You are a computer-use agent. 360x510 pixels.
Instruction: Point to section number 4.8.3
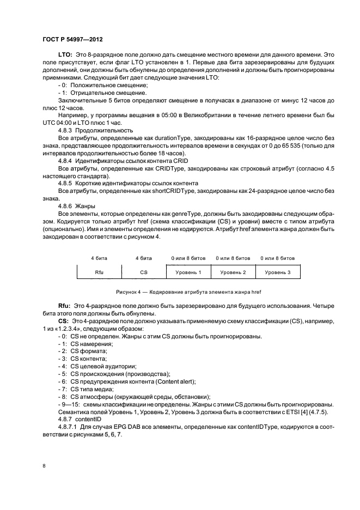[x=67, y=131]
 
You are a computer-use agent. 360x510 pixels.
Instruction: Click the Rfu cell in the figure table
[x=99, y=272]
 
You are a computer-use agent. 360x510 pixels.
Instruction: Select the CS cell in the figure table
[x=144, y=272]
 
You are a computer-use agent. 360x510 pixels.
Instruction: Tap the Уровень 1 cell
[x=188, y=272]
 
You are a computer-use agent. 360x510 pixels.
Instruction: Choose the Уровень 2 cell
[x=233, y=272]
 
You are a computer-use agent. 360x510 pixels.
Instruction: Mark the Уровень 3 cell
[x=278, y=272]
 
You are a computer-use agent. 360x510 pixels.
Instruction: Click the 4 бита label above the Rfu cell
[x=99, y=258]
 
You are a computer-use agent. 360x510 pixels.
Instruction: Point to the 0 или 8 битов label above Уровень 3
[x=278, y=258]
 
